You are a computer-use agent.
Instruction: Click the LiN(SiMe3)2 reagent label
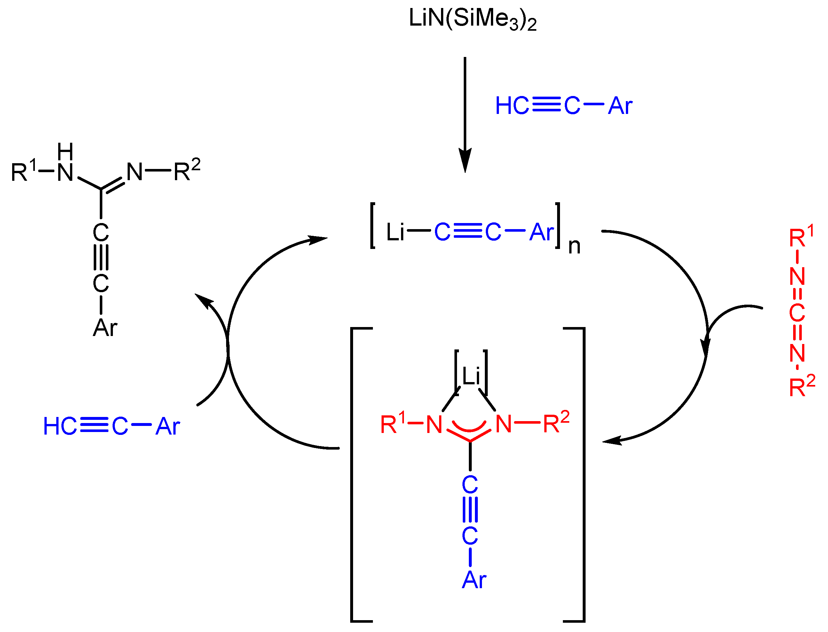pyautogui.click(x=472, y=19)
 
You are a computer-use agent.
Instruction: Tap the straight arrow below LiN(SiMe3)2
pyautogui.click(x=465, y=113)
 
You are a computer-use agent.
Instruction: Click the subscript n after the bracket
pyautogui.click(x=574, y=246)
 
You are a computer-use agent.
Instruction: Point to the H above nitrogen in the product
pyautogui.click(x=65, y=152)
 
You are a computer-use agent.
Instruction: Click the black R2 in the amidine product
pyautogui.click(x=187, y=171)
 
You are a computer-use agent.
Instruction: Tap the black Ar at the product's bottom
pyautogui.click(x=105, y=328)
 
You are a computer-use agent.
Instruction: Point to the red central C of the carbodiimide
pyautogui.click(x=797, y=313)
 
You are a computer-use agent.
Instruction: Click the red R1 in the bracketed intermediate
pyautogui.click(x=393, y=423)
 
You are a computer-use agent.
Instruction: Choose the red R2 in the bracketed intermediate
pyautogui.click(x=556, y=422)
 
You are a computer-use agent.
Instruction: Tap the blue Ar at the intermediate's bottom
pyautogui.click(x=474, y=580)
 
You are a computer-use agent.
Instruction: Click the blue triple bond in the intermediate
pyautogui.click(x=470, y=510)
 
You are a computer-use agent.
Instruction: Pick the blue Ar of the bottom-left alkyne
pyautogui.click(x=168, y=427)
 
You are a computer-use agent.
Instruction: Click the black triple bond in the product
pyautogui.click(x=101, y=258)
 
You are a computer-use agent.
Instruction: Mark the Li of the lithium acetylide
pyautogui.click(x=395, y=232)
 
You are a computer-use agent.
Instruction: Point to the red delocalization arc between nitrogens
pyautogui.click(x=469, y=426)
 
